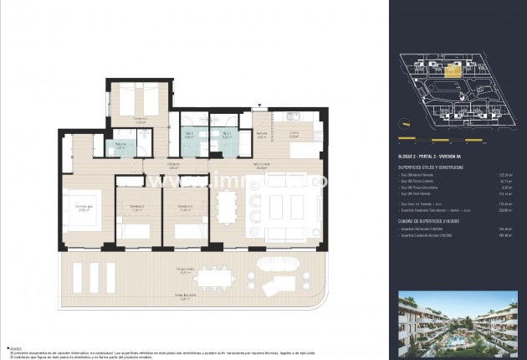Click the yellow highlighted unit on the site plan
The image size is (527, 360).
[453, 71]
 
